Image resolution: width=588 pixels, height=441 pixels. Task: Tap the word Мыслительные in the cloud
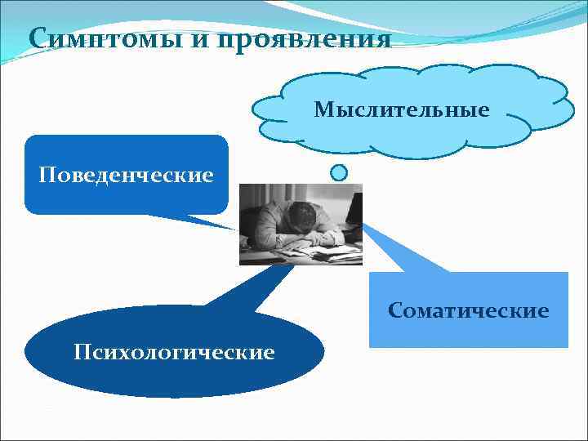[402, 109]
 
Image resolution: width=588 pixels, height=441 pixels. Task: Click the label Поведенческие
[127, 175]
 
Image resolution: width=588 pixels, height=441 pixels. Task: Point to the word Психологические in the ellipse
[174, 352]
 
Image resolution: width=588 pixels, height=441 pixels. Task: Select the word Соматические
[469, 310]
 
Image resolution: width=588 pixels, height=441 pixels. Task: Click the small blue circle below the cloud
[339, 172]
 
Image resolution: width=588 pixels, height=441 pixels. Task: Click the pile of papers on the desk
[327, 253]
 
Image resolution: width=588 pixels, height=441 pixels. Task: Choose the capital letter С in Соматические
[395, 310]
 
